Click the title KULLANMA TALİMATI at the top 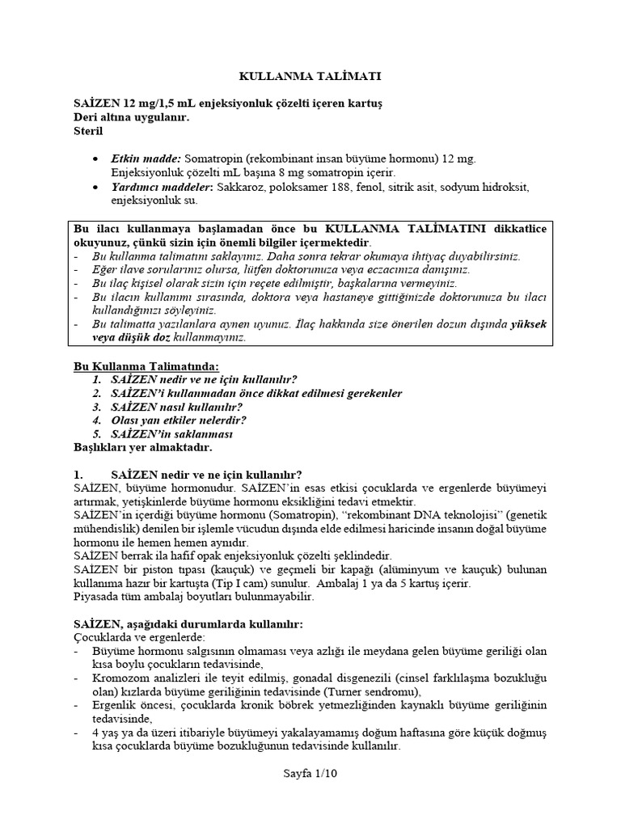pos(310,76)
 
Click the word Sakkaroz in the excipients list pos(240,187)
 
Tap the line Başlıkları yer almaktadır pos(143,447)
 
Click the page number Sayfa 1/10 pos(310,772)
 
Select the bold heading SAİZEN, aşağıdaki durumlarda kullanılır pos(188,625)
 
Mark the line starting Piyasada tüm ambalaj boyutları pos(193,597)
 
